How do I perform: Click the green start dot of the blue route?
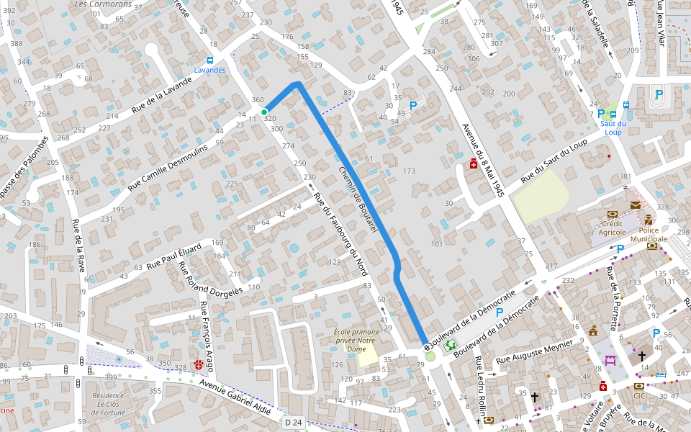pyautogui.click(x=264, y=112)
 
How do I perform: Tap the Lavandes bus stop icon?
pyautogui.click(x=209, y=60)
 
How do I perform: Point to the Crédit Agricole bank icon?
pyautogui.click(x=612, y=214)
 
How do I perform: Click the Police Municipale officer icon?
pyautogui.click(x=649, y=220)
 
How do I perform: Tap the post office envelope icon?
pyautogui.click(x=635, y=205)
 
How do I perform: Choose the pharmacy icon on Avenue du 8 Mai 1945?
pyautogui.click(x=473, y=163)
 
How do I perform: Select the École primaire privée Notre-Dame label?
pyautogui.click(x=356, y=340)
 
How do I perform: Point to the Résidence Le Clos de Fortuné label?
pyautogui.click(x=109, y=403)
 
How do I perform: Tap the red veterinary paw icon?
pyautogui.click(x=199, y=365)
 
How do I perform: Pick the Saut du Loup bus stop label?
pyautogui.click(x=613, y=127)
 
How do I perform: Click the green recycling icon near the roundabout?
pyautogui.click(x=451, y=346)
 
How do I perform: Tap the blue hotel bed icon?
pyautogui.click(x=661, y=375)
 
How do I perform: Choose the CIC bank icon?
pyautogui.click(x=638, y=386)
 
